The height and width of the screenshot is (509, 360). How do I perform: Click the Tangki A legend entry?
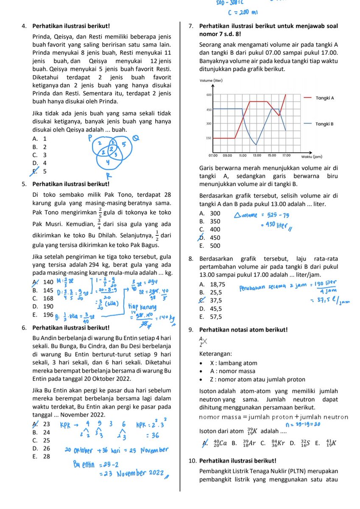325,98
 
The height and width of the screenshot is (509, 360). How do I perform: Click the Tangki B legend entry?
325,124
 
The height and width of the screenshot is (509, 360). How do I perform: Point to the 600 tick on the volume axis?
209,95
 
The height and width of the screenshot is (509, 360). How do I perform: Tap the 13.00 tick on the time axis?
257,155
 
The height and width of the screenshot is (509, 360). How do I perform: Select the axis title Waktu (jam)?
313,156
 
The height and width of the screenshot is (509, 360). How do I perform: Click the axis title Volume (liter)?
211,81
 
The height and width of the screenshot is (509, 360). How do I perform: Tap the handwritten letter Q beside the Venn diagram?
136,138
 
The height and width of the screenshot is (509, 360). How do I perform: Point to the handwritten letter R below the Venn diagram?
109,176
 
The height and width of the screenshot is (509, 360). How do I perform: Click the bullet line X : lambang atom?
233,363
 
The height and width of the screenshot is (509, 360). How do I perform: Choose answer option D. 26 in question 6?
41,448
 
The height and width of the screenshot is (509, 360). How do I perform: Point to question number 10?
192,460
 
